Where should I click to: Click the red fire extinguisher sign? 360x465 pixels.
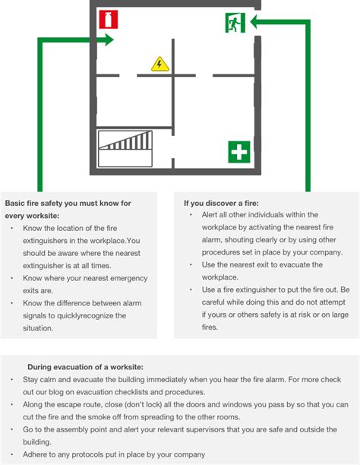pyautogui.click(x=109, y=19)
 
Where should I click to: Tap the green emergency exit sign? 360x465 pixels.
pyautogui.click(x=235, y=23)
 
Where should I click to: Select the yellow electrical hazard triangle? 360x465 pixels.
pyautogui.click(x=160, y=64)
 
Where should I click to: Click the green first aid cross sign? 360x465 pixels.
pyautogui.click(x=239, y=152)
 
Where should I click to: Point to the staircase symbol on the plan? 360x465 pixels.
pyautogui.click(x=125, y=149)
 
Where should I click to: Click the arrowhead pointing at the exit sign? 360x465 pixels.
pyautogui.click(x=255, y=21)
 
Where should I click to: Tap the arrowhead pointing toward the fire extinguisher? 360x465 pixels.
pyautogui.click(x=109, y=40)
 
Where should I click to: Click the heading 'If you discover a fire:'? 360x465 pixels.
pyautogui.click(x=221, y=203)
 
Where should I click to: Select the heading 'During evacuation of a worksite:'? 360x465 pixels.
pyautogui.click(x=85, y=367)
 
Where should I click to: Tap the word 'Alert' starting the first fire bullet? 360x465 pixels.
pyautogui.click(x=210, y=215)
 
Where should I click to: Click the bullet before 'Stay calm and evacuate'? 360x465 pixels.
pyautogui.click(x=12, y=380)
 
